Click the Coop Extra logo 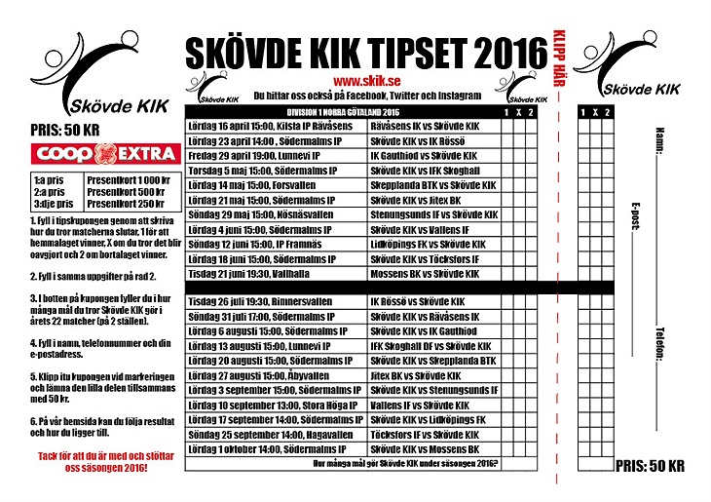(104, 154)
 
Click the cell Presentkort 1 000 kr (129, 181)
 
